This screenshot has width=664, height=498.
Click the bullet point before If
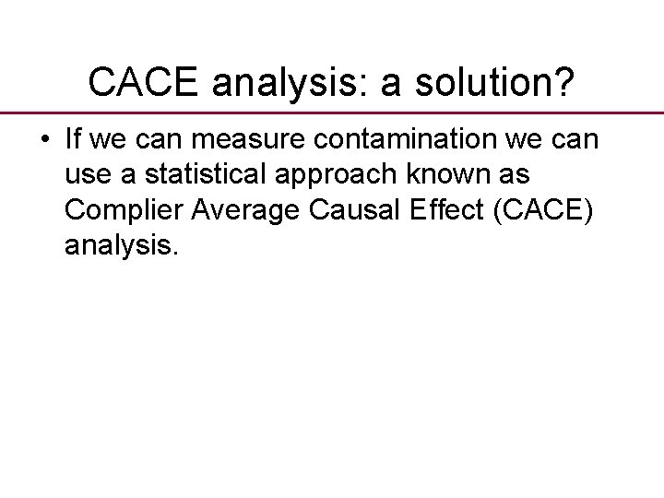point(45,142)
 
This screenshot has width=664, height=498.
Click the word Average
point(251,210)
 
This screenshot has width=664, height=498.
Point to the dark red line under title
point(332,112)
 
